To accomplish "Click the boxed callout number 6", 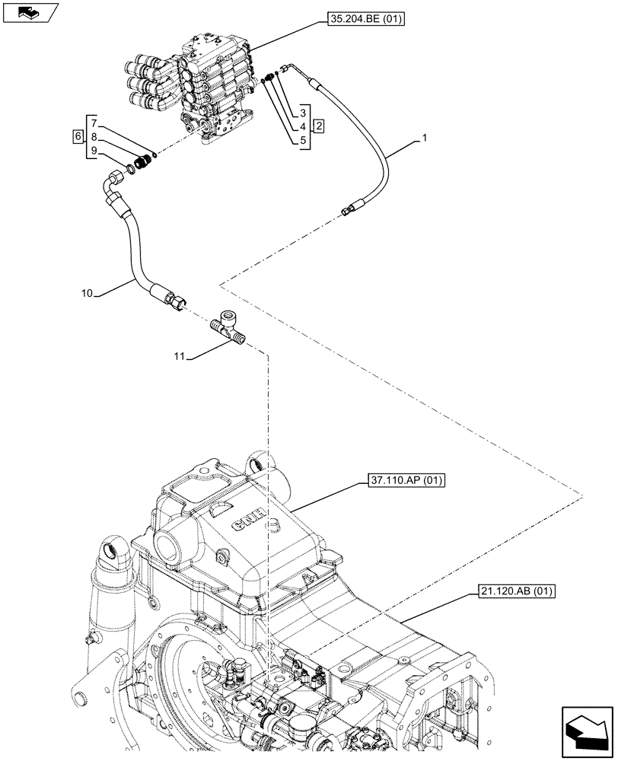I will (77, 136).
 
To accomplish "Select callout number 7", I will (94, 123).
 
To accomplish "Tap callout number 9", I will (94, 150).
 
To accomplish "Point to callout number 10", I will (87, 291).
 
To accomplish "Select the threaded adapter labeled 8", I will (142, 161).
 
